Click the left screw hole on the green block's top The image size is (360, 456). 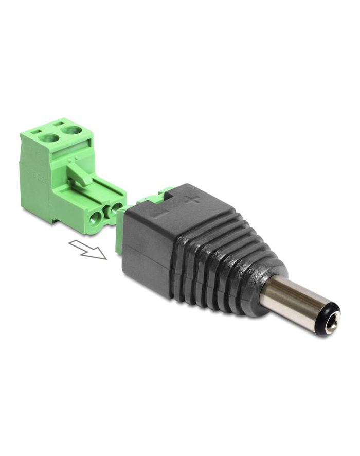(x=50, y=137)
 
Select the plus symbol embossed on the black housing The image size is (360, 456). (x=193, y=199)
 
